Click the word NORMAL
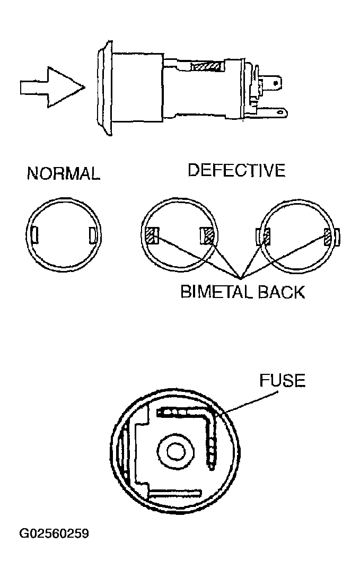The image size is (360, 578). (64, 173)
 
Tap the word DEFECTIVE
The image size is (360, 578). (236, 170)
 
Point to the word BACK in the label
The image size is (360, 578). (281, 292)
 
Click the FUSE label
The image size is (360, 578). (282, 380)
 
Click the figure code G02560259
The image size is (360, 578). (54, 533)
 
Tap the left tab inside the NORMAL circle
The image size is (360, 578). (35, 235)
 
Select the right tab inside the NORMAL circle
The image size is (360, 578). (92, 235)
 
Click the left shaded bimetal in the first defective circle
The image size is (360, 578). (152, 235)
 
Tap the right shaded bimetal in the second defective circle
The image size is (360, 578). (327, 237)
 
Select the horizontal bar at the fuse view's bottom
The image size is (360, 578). (174, 493)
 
